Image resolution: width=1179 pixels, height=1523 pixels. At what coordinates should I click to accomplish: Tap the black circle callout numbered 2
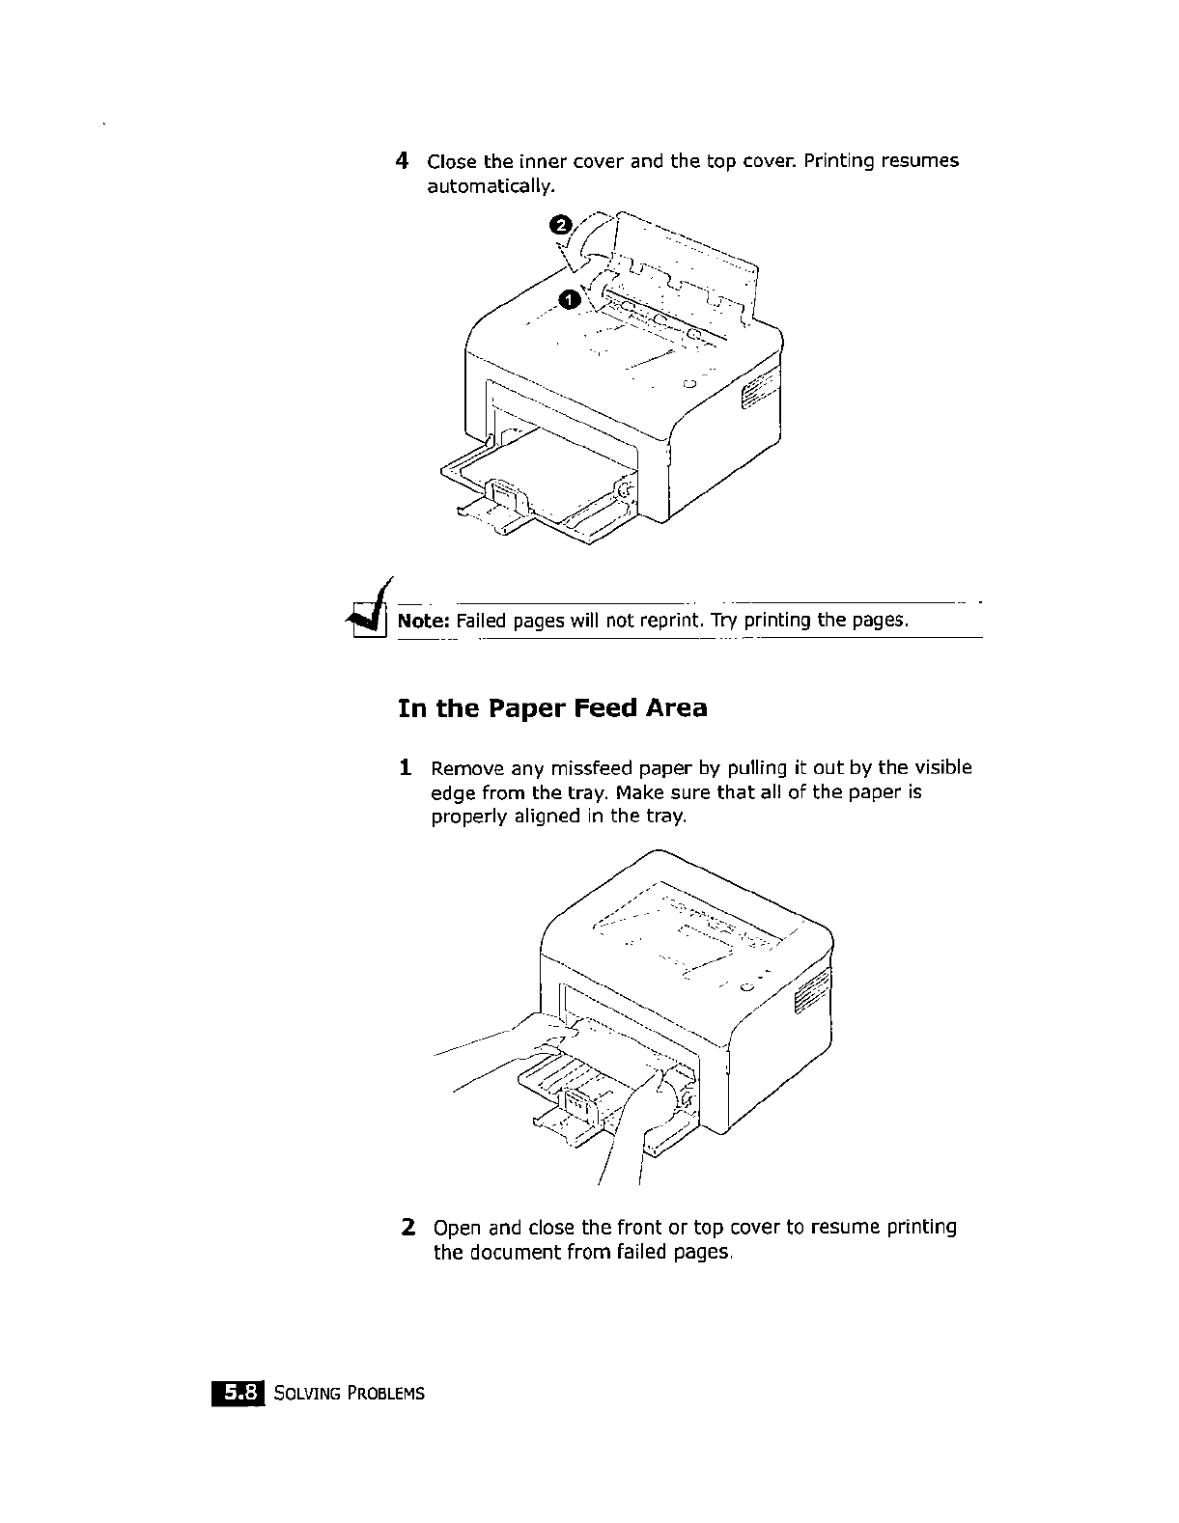559,225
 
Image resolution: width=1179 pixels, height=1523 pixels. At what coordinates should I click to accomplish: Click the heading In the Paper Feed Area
552,708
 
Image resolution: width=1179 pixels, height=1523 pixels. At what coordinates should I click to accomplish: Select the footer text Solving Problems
349,1394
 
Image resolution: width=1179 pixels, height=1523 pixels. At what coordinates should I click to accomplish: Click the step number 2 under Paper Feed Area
408,1228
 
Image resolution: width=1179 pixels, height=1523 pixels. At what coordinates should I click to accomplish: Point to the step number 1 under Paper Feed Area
407,769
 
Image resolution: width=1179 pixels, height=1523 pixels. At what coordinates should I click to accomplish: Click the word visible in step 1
942,768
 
